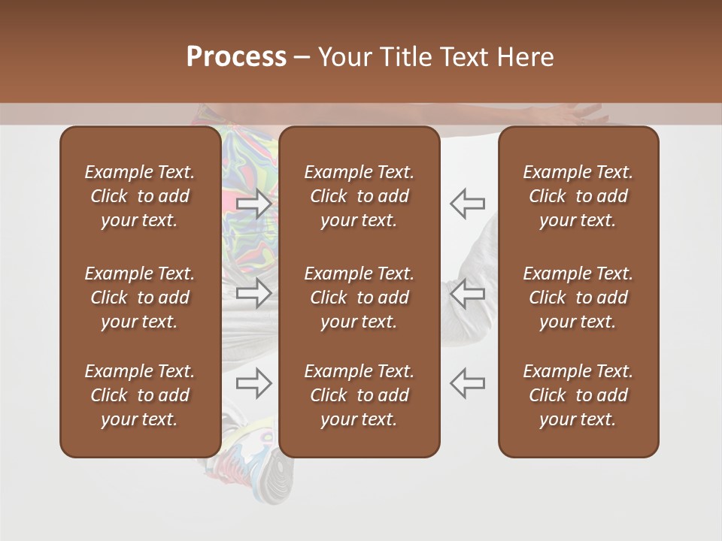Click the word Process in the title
point(236,57)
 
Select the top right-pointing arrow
point(254,204)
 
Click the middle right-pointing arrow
point(254,293)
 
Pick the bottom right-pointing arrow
point(254,383)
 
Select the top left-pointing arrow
point(467,203)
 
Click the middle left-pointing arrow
point(467,293)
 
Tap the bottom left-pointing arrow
point(467,383)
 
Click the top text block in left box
point(140,196)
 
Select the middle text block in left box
point(140,298)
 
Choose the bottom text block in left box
point(140,395)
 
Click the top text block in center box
point(359,196)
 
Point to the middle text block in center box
point(359,298)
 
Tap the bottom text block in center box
point(359,395)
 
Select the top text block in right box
point(578,196)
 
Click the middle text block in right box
point(578,298)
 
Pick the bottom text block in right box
point(578,395)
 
